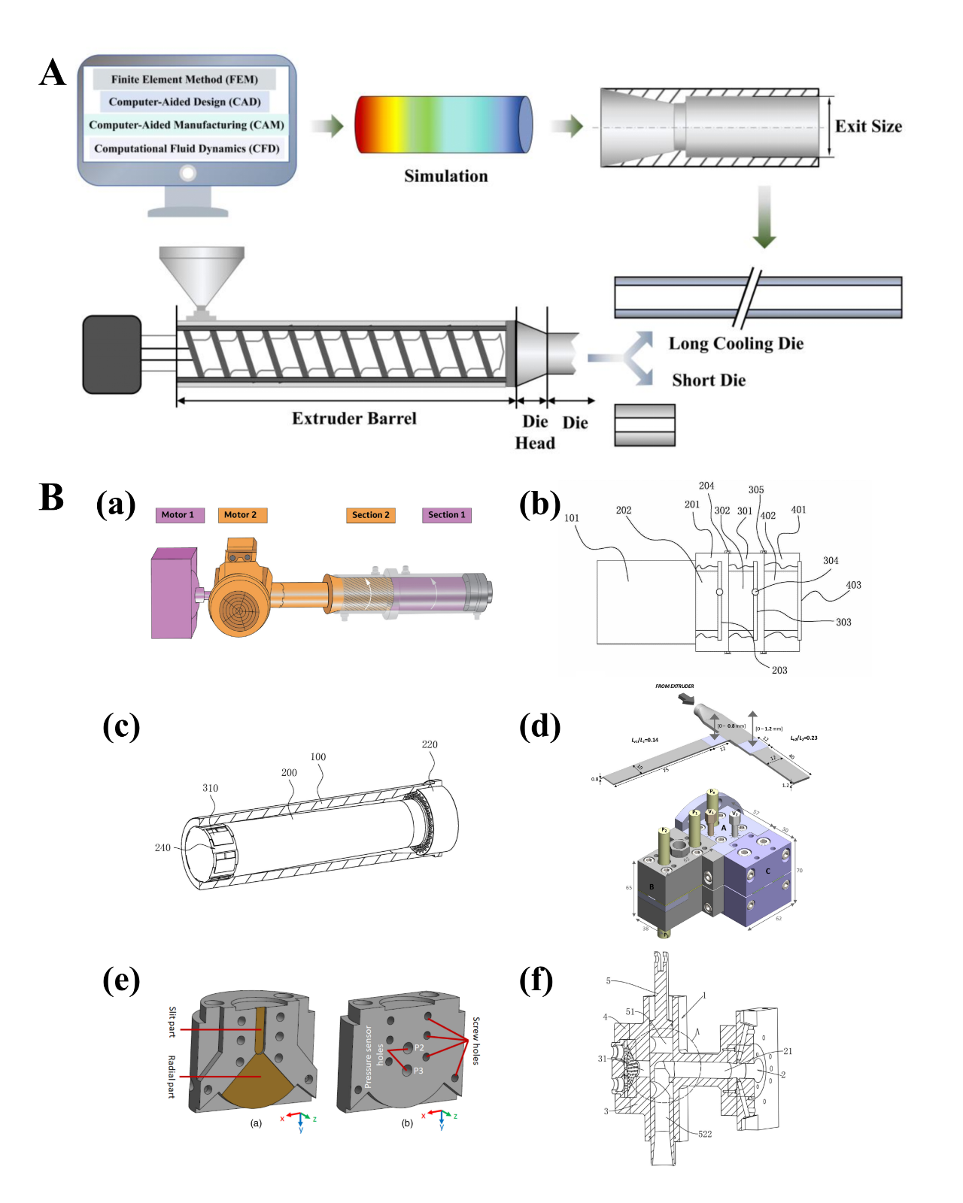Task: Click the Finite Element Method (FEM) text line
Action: [184, 79]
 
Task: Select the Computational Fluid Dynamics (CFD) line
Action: [187, 148]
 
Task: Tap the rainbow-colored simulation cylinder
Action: [443, 124]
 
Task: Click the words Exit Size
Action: [868, 126]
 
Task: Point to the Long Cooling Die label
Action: [736, 344]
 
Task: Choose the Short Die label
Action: [709, 380]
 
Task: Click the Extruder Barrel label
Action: [354, 419]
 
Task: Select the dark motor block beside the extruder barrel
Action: [112, 354]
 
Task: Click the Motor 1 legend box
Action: [178, 515]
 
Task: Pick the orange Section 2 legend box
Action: [371, 515]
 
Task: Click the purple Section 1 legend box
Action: [447, 515]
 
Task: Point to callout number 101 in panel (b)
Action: [572, 518]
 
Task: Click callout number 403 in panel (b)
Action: [853, 585]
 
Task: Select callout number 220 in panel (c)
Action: [430, 744]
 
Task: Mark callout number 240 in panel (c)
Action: [163, 847]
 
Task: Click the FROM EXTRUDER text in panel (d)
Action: [674, 686]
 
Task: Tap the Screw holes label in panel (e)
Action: [475, 1041]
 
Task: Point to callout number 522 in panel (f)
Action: [705, 1134]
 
